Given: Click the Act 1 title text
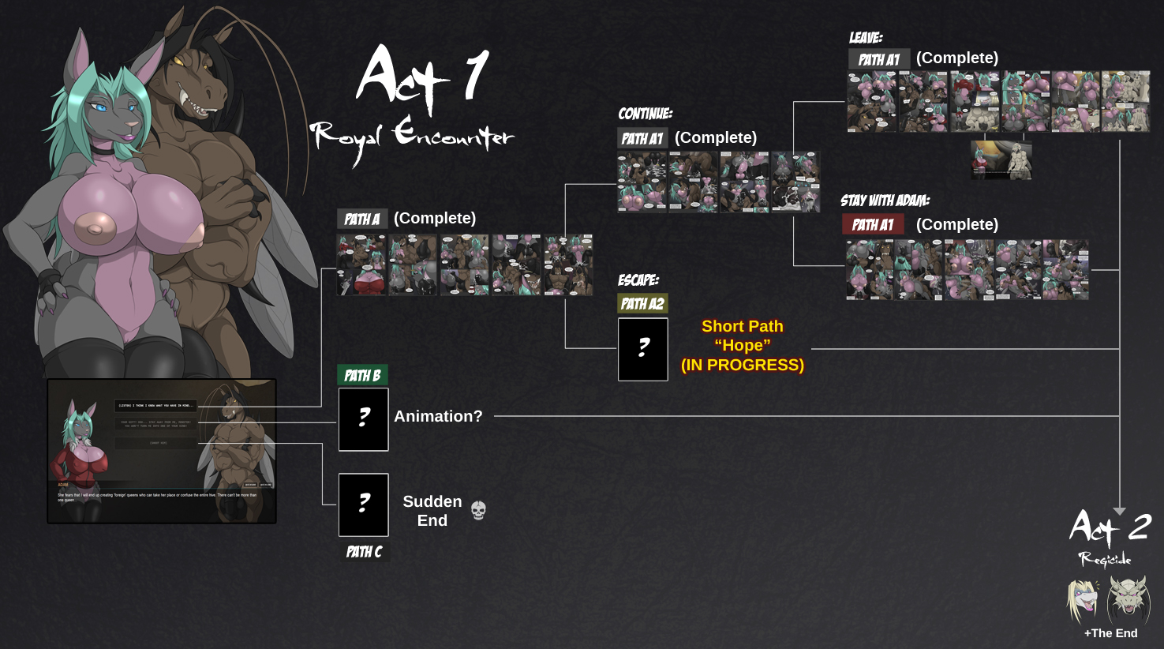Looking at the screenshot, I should click(422, 77).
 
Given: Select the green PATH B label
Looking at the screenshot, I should click(362, 375).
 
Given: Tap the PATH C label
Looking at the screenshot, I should click(364, 552).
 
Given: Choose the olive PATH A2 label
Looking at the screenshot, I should click(642, 303).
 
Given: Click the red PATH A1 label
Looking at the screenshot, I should click(873, 224).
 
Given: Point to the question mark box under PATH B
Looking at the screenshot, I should click(363, 419).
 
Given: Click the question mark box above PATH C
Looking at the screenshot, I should click(363, 505).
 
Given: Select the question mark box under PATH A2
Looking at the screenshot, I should click(642, 349).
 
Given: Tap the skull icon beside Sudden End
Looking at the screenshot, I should click(478, 511).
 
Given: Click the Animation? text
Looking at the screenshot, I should click(438, 416).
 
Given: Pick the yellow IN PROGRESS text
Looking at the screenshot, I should click(743, 365).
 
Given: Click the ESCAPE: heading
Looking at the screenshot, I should click(638, 280).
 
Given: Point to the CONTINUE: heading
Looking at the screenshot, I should click(645, 114).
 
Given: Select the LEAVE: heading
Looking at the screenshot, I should click(866, 37).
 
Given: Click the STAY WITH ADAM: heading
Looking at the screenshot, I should click(885, 201).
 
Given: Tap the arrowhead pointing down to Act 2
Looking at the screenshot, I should click(1119, 512).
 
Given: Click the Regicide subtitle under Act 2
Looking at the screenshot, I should click(1105, 560).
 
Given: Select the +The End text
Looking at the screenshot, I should click(1110, 633).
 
